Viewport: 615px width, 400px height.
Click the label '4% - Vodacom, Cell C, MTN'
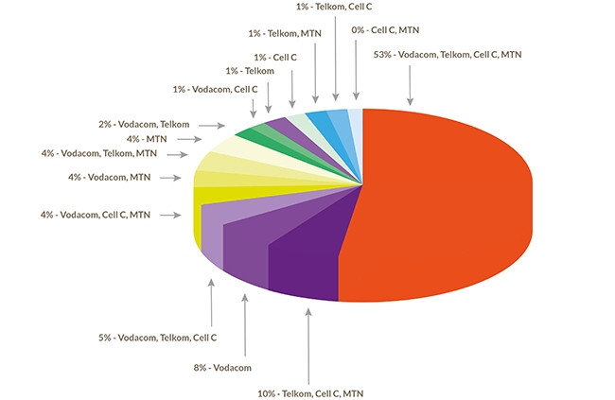[x=97, y=216]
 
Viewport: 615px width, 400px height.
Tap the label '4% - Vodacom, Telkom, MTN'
[x=99, y=153]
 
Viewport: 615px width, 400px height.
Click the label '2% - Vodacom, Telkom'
[x=145, y=124]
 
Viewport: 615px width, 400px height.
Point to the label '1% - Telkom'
[x=250, y=71]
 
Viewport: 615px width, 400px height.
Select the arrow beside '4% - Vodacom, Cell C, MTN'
[x=170, y=216]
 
